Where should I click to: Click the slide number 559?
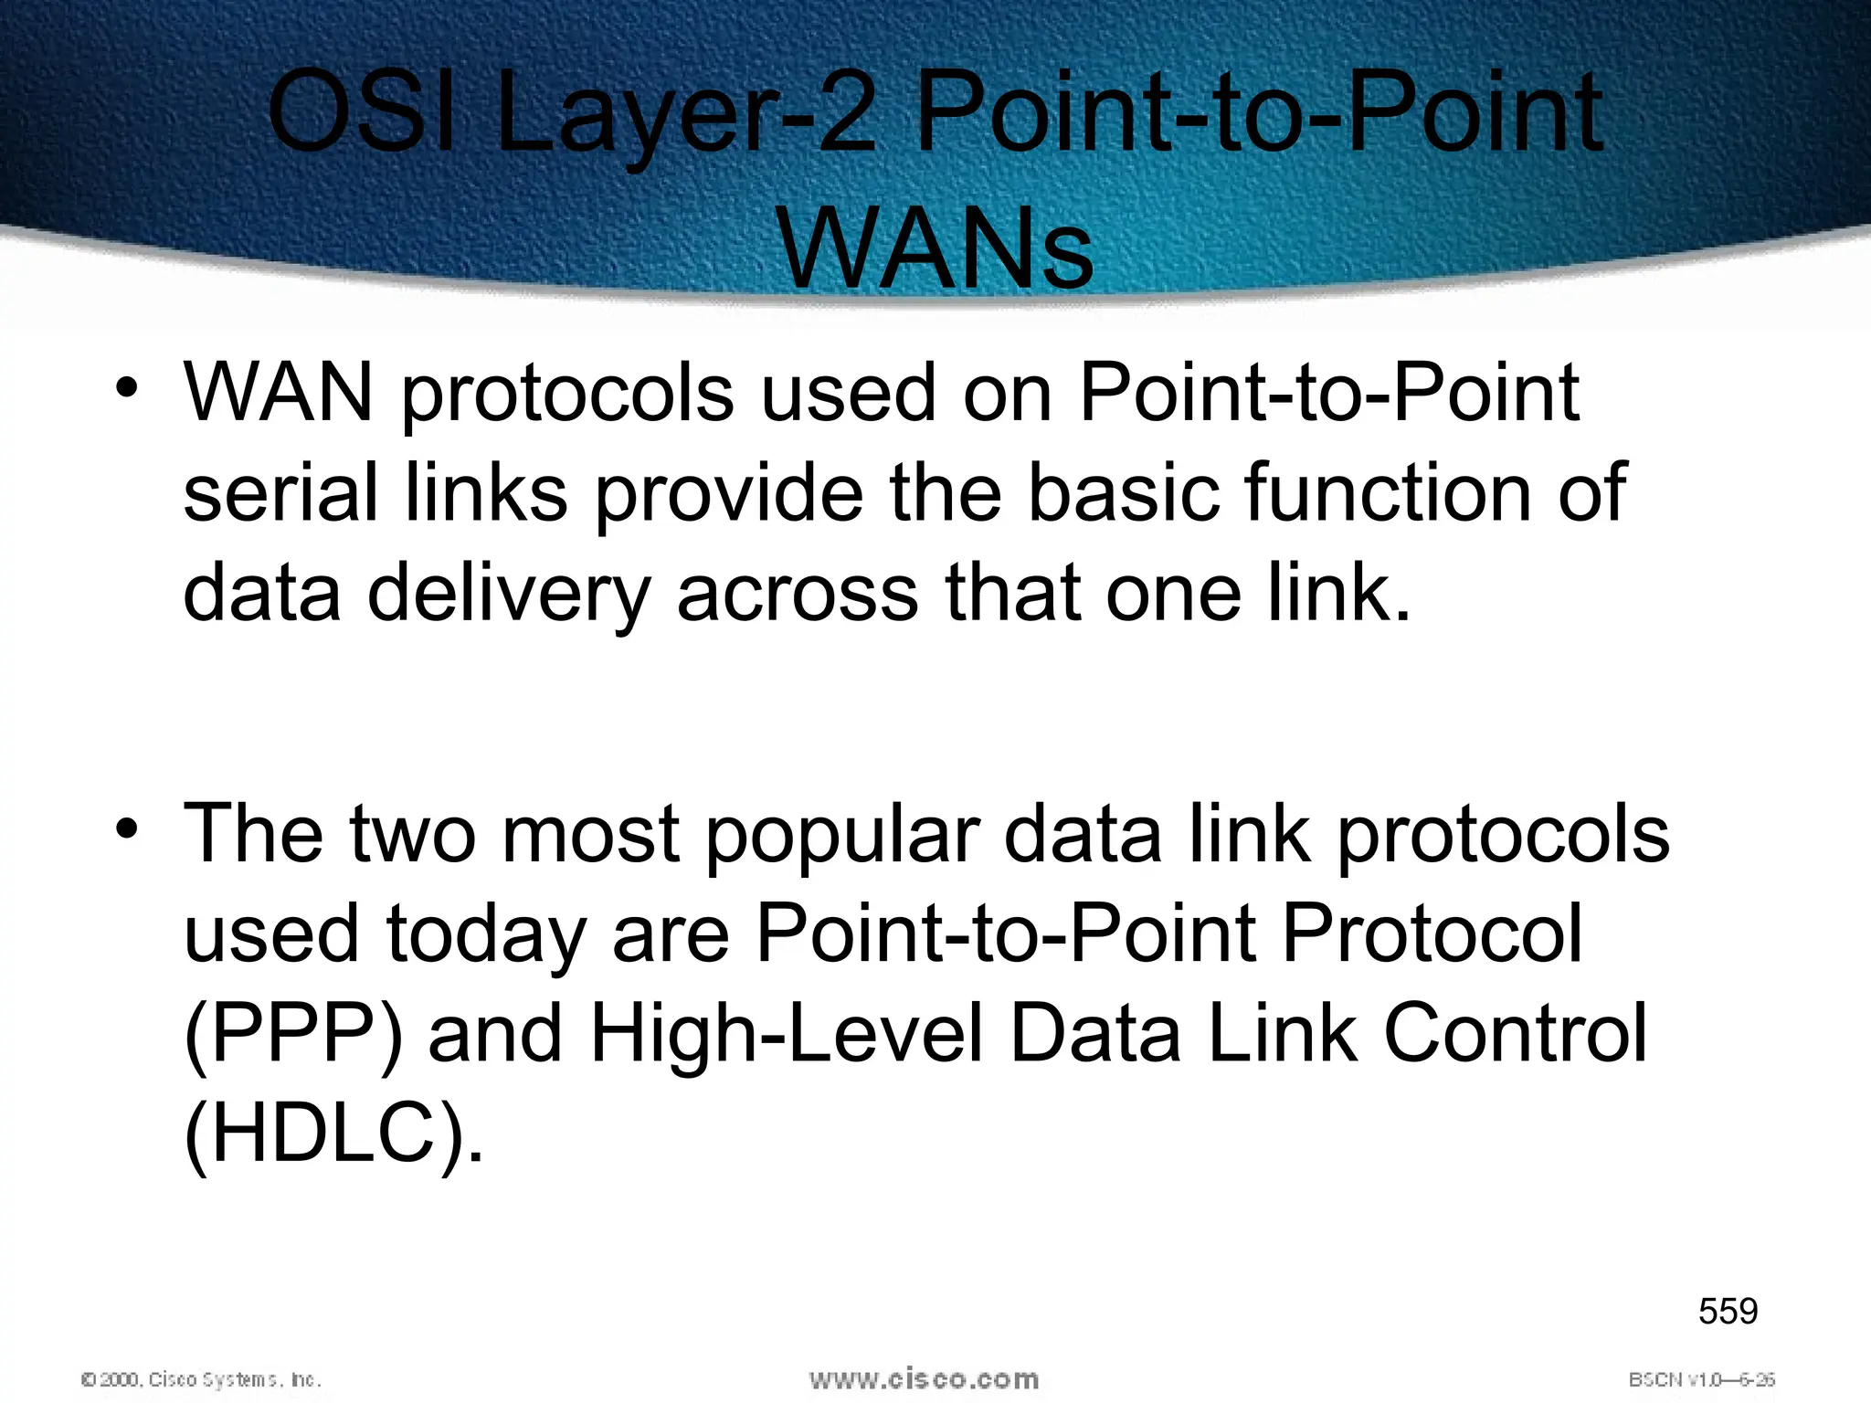pos(1728,1312)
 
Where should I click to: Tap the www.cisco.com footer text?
pos(924,1379)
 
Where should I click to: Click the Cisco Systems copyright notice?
pos(201,1379)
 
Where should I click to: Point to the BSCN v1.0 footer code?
pos(1701,1379)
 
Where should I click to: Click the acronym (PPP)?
pos(293,1035)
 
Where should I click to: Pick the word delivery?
pos(508,594)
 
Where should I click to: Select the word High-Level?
pos(787,1035)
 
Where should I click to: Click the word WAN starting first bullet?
pos(279,393)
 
